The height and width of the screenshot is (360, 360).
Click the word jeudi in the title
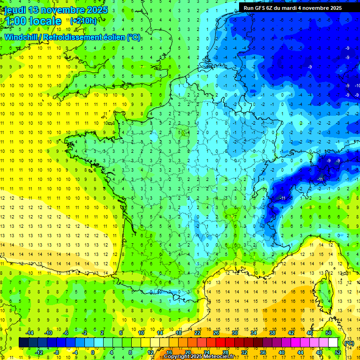tap(15, 10)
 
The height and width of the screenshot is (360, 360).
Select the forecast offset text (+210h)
tap(83, 21)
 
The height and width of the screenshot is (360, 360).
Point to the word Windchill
tap(22, 37)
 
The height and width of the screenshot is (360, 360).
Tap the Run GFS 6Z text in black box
tap(259, 8)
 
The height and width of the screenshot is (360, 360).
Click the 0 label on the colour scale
tap(93, 352)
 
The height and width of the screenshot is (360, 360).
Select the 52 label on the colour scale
tap(338, 352)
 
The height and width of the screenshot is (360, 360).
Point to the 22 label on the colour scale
tap(197, 332)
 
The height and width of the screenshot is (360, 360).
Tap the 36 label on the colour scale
tap(262, 352)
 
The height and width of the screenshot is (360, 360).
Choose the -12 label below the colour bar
tap(39, 352)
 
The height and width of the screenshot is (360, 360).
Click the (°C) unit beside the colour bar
tap(349, 343)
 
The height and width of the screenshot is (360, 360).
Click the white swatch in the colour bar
tap(333, 343)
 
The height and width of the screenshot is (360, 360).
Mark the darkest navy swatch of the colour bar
tap(23, 343)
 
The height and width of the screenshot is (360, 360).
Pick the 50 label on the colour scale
tap(329, 332)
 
